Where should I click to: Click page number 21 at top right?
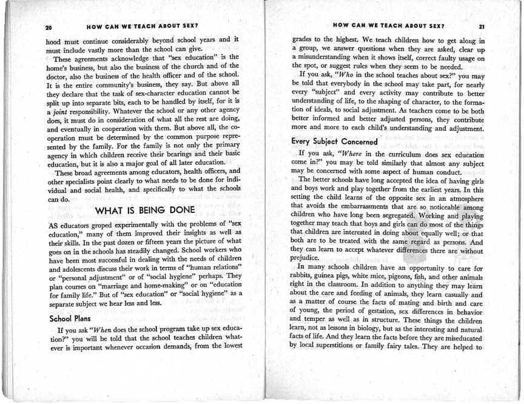[482, 27]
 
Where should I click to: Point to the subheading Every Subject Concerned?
[334, 141]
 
